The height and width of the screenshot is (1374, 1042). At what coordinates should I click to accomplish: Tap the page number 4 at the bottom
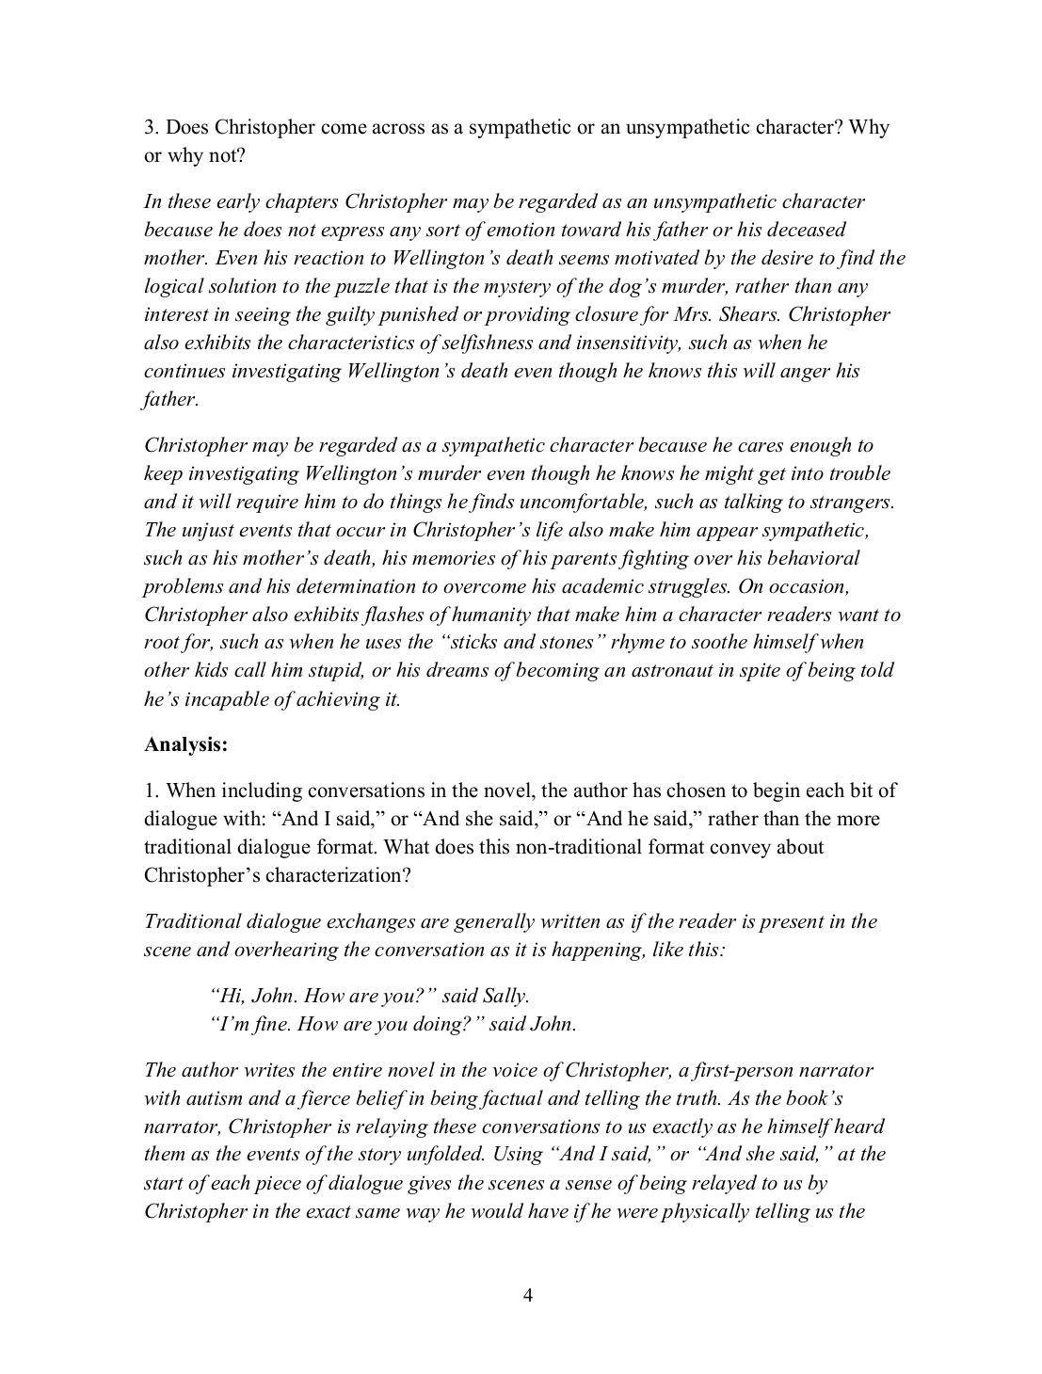[x=527, y=1296]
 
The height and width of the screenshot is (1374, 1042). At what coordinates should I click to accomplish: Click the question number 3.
[x=149, y=127]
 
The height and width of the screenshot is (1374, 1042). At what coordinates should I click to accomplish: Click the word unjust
[x=208, y=530]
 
